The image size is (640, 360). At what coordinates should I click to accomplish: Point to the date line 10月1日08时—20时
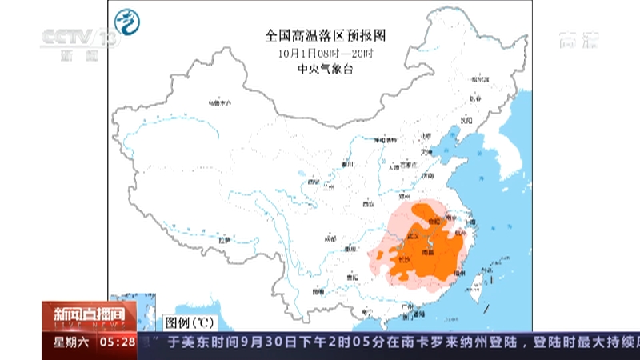coord(326,54)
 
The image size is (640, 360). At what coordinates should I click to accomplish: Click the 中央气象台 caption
coord(326,70)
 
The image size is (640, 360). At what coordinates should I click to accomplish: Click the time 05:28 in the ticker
coord(117,342)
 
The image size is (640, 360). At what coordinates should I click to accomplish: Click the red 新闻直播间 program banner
coord(89,314)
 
